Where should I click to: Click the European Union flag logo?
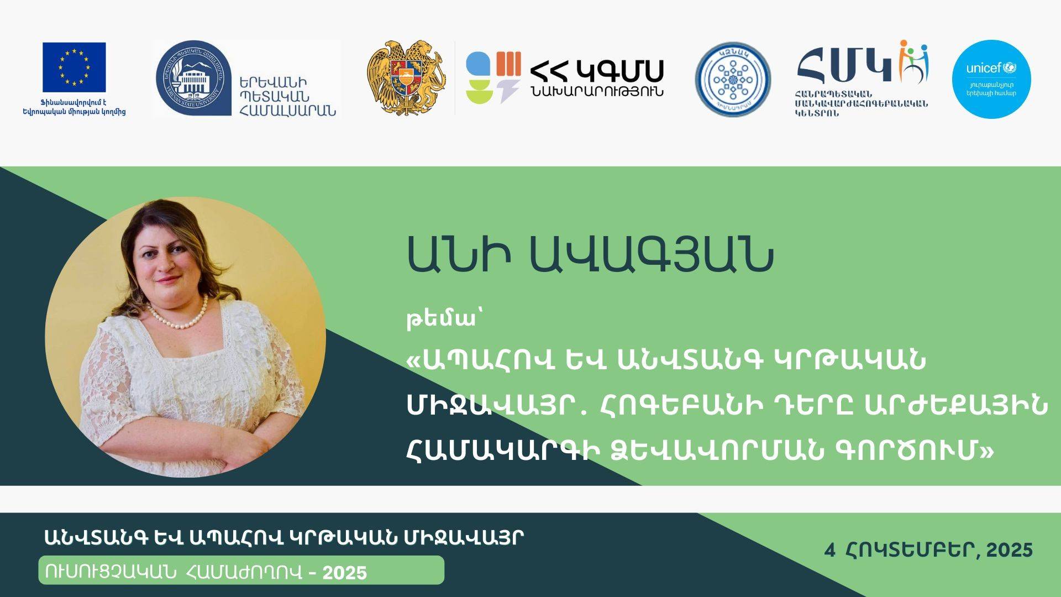[x=74, y=67]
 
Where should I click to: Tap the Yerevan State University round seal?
[x=193, y=78]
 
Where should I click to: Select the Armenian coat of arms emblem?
[x=406, y=77]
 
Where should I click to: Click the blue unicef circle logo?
[x=991, y=79]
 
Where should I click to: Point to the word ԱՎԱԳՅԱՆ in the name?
[x=651, y=255]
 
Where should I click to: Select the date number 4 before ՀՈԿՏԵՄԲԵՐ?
[x=829, y=551]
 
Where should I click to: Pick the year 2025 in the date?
[x=1010, y=551]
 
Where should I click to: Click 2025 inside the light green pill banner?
[x=345, y=573]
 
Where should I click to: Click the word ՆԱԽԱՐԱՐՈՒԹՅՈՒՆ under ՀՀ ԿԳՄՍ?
[x=596, y=92]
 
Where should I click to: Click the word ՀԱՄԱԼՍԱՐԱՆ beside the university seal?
[x=287, y=110]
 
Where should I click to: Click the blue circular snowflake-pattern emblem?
[x=733, y=80]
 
